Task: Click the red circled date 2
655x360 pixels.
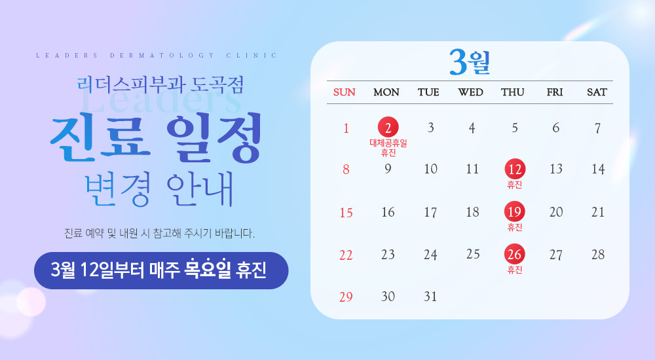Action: pyautogui.click(x=388, y=127)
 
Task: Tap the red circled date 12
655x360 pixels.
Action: pyautogui.click(x=515, y=170)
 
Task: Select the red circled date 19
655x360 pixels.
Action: pyautogui.click(x=515, y=212)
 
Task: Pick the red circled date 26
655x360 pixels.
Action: pyautogui.click(x=515, y=255)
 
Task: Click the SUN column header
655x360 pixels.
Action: pyautogui.click(x=345, y=92)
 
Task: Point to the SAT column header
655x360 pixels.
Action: pyautogui.click(x=597, y=92)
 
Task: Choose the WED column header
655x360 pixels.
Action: pyautogui.click(x=471, y=92)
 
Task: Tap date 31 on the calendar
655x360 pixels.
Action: pyautogui.click(x=430, y=297)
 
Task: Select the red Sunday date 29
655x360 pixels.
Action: pyautogui.click(x=346, y=297)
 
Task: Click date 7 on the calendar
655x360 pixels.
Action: pyautogui.click(x=597, y=128)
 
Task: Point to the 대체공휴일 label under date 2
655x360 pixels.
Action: pyautogui.click(x=388, y=143)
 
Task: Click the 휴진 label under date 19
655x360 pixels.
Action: pyautogui.click(x=515, y=227)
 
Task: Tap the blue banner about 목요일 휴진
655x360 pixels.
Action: pyautogui.click(x=161, y=270)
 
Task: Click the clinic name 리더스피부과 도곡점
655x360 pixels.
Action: pyautogui.click(x=160, y=84)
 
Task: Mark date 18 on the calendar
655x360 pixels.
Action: pyautogui.click(x=473, y=212)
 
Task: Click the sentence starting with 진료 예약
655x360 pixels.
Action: pyautogui.click(x=160, y=232)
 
